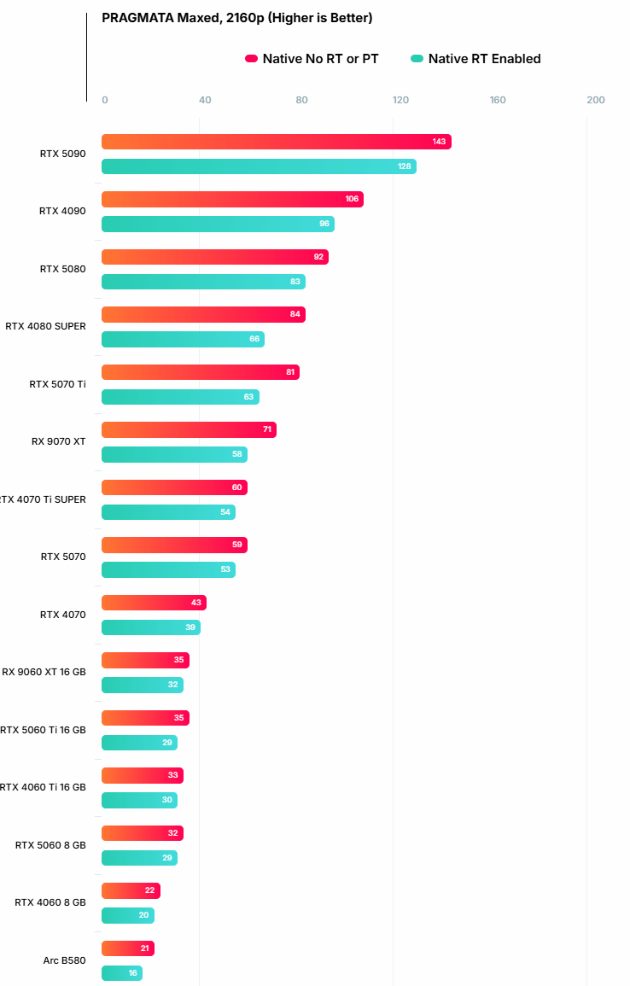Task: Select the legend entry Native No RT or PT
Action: click(312, 59)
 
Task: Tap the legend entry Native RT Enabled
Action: click(476, 59)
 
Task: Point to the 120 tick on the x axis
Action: click(400, 100)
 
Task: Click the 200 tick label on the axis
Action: click(595, 100)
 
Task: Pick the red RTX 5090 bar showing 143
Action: click(277, 142)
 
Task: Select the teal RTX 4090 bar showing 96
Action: click(219, 224)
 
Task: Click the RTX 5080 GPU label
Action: click(63, 269)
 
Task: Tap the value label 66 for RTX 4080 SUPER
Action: click(254, 339)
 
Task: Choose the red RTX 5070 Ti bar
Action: click(201, 372)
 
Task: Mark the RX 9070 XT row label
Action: click(58, 441)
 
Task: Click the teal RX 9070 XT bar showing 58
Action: click(175, 454)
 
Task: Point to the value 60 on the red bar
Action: click(237, 487)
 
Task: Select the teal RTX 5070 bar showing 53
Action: click(168, 569)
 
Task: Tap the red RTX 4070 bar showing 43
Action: click(154, 603)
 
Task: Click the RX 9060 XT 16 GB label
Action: click(44, 672)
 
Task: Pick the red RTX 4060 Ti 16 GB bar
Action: click(143, 775)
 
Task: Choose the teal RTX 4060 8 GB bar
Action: click(128, 915)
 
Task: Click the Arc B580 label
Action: click(64, 960)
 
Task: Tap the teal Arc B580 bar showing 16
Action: click(122, 973)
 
